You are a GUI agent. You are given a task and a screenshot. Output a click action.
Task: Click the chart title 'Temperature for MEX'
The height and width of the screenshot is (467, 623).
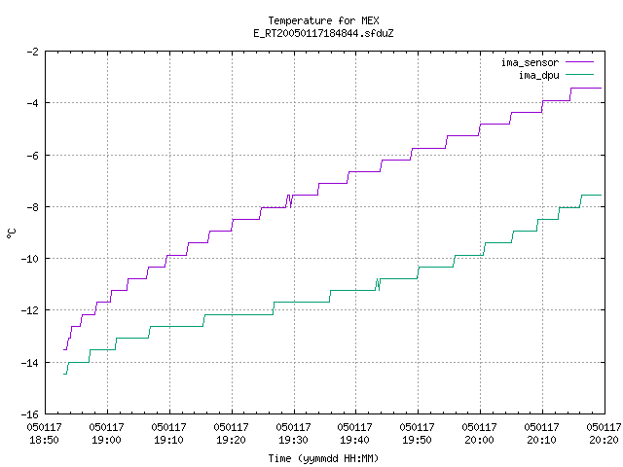tap(323, 20)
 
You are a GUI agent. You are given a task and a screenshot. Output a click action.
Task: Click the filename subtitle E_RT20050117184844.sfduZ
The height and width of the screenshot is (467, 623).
tap(323, 33)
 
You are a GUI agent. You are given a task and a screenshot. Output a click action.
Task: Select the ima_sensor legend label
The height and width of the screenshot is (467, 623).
tap(530, 62)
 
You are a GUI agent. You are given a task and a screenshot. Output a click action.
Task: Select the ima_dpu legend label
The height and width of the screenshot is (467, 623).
tap(538, 75)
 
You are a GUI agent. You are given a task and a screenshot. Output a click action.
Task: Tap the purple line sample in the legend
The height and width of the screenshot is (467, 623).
tap(580, 62)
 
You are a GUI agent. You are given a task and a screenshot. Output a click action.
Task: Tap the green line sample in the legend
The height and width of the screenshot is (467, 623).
tap(580, 74)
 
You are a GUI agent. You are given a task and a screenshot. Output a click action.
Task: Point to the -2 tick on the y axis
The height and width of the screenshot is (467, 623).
tap(32, 52)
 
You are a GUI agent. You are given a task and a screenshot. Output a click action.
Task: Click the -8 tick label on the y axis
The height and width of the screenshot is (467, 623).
tap(32, 207)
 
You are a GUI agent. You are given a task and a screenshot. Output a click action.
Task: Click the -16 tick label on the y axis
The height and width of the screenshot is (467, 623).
tap(30, 414)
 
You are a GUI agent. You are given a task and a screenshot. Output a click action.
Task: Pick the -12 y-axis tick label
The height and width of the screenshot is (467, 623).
tap(30, 310)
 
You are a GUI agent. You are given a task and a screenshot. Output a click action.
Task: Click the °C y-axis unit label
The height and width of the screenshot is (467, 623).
tap(11, 233)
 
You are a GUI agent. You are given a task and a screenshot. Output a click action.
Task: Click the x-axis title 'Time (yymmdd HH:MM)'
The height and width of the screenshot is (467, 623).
tap(323, 458)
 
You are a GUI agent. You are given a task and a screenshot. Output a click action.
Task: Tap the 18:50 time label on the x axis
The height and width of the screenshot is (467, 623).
tap(44, 440)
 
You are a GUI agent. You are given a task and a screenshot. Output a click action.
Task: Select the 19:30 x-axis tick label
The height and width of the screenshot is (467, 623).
tap(293, 440)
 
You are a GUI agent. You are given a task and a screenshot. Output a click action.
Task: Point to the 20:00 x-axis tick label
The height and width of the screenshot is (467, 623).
tap(479, 440)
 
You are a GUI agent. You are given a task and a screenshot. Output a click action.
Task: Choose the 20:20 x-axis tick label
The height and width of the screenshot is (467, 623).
tap(604, 440)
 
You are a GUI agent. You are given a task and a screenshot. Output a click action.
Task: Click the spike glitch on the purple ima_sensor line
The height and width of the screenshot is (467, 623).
tap(289, 201)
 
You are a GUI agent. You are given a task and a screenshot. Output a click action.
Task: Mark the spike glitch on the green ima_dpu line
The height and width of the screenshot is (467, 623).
tap(378, 284)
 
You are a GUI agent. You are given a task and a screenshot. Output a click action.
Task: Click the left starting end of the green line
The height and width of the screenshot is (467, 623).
tap(64, 374)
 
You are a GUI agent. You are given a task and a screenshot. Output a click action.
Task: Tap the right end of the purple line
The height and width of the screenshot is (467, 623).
tap(602, 89)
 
